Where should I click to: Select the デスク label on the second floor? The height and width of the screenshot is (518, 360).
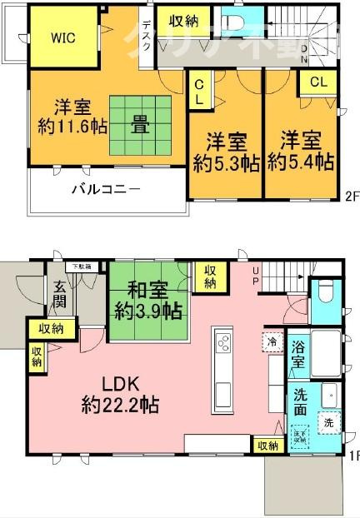[147, 36]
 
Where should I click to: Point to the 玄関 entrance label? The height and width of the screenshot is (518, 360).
[61, 296]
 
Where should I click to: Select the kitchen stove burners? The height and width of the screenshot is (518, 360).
[224, 341]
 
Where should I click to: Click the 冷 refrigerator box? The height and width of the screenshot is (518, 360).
[272, 341]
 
